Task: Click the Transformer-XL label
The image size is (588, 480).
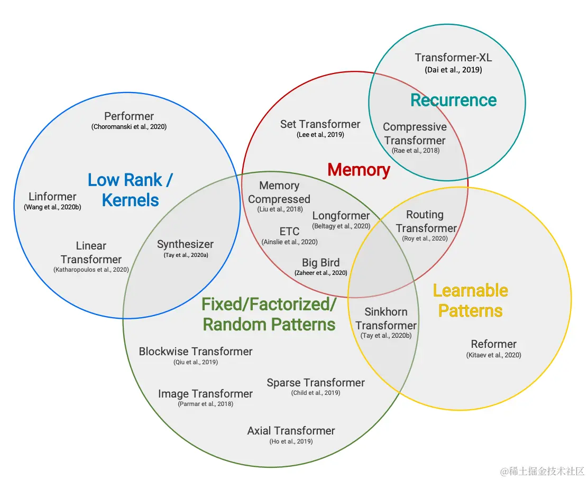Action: tap(453, 58)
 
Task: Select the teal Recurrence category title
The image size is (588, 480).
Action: tap(453, 100)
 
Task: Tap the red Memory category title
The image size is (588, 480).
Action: tap(359, 170)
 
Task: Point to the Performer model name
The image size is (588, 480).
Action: tap(129, 116)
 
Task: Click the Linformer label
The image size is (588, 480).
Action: tap(52, 197)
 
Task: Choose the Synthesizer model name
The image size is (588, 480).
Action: tap(185, 244)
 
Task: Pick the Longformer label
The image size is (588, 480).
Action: tap(341, 216)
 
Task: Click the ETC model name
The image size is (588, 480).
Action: tap(289, 232)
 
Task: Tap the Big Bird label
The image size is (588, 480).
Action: tap(320, 263)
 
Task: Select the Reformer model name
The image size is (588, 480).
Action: tap(493, 344)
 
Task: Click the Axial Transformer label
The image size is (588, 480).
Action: tap(291, 431)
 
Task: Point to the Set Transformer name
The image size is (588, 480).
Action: tap(320, 124)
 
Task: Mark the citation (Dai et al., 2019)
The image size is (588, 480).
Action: tap(453, 70)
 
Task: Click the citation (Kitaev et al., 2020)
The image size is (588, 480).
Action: tap(493, 355)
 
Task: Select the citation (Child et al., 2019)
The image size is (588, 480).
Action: tap(315, 393)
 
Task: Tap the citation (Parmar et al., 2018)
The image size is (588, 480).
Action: tap(205, 404)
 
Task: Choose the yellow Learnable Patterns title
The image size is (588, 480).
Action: tap(470, 300)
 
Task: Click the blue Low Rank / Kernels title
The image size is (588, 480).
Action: tap(130, 190)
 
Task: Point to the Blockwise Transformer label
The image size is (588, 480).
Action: tap(196, 352)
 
